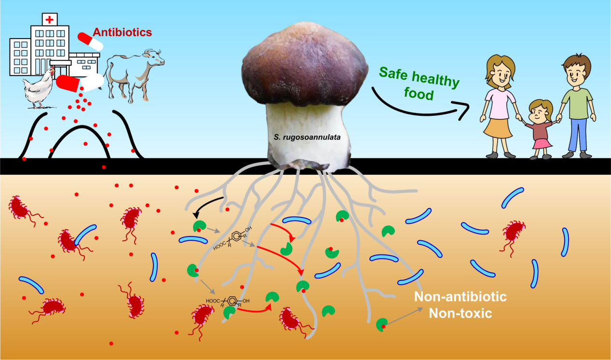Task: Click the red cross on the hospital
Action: coord(49,20)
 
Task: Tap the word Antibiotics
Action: coord(122,32)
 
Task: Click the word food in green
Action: coord(419,94)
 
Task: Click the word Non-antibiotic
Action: coord(461,296)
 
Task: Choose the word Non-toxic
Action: coord(460,313)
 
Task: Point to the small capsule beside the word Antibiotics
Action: coord(91,41)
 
